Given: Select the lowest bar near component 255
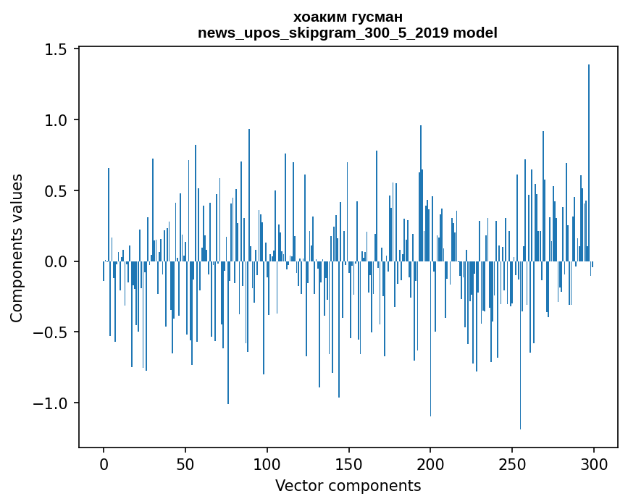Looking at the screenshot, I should click(520, 348).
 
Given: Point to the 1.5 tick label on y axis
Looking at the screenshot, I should click(56, 49).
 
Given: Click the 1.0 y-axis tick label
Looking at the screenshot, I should click(56, 120).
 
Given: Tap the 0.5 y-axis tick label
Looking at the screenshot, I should click(56, 191).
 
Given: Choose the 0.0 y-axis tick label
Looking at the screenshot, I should click(56, 261).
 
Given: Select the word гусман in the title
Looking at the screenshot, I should click(375, 17).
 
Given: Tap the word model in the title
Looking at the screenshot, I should click(475, 33).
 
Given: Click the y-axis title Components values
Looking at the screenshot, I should click(17, 248).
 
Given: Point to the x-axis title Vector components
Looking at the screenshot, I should click(348, 485).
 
